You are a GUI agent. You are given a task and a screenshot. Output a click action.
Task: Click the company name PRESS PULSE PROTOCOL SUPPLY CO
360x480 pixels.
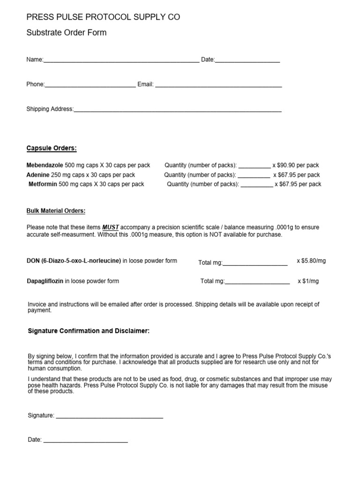[x=103, y=17]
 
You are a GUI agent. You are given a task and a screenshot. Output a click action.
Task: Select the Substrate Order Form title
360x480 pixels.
[x=67, y=33]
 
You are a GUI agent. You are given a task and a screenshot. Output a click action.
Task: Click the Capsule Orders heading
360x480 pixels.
[x=52, y=149]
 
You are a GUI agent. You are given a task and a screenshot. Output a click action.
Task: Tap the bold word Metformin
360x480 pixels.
[x=43, y=184]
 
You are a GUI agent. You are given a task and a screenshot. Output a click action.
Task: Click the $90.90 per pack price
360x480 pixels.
[x=298, y=165]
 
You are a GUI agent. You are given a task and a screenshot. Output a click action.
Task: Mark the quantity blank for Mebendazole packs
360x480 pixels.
[x=255, y=166]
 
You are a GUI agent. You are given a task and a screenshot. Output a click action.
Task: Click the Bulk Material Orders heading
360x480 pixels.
[x=56, y=211]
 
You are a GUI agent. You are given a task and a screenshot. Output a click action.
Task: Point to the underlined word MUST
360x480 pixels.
[x=111, y=227]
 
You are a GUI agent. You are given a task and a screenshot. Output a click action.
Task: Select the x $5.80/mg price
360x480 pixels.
[x=311, y=261]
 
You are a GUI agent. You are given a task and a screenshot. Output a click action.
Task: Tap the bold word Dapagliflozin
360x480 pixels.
[x=45, y=281]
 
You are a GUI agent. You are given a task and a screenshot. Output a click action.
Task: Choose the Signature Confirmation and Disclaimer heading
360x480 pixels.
[x=89, y=331]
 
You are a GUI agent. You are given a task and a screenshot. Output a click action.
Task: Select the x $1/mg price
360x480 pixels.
[x=308, y=281]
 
